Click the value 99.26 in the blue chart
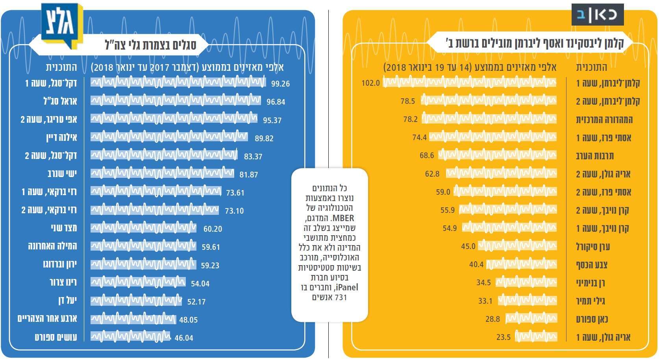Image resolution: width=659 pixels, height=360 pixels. point(280,83)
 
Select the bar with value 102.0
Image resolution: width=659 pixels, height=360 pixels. point(470,83)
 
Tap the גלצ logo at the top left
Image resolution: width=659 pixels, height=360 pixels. point(62,24)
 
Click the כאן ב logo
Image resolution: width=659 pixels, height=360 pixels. point(598,15)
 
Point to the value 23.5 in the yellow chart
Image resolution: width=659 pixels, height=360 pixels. point(504,337)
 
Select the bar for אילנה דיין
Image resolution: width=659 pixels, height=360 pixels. point(169,137)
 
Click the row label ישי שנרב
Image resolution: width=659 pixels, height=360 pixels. point(62,174)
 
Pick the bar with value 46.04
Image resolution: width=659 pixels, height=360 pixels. point(130,337)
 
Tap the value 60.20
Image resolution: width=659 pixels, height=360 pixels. point(213,229)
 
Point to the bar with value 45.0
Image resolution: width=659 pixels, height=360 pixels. point(518,247)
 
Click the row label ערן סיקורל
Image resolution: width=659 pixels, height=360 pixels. point(593,247)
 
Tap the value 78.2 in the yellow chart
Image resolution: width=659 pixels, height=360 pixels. point(410,119)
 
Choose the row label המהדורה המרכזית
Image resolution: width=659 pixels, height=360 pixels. point(604,119)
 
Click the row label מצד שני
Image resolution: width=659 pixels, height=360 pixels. point(64,228)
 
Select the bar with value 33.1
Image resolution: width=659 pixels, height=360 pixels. point(527,301)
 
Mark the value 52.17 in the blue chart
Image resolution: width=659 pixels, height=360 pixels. point(196,302)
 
